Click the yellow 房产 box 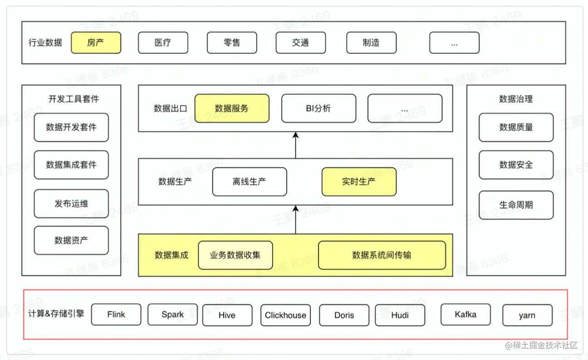click(x=96, y=43)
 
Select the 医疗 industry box click(x=162, y=43)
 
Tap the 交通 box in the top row click(x=300, y=43)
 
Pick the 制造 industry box click(x=371, y=43)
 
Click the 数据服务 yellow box click(x=232, y=108)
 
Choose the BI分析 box click(x=318, y=108)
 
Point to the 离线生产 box click(x=250, y=182)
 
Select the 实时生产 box click(x=359, y=182)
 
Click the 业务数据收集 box click(x=235, y=255)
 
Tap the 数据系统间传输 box click(x=382, y=255)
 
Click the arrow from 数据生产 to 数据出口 click(x=295, y=145)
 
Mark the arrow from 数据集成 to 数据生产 click(x=295, y=219)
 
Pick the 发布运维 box click(x=71, y=204)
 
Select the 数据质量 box click(x=516, y=127)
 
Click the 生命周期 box click(x=516, y=205)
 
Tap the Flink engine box click(x=116, y=315)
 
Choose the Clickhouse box click(x=285, y=315)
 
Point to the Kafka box click(x=465, y=314)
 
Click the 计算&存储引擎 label click(x=56, y=314)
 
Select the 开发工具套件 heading click(x=73, y=99)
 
